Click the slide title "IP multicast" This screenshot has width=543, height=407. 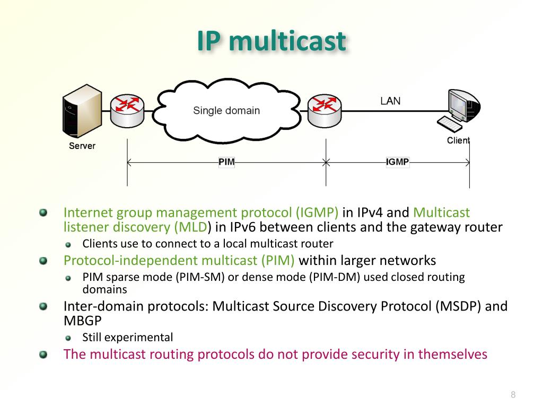[271, 41]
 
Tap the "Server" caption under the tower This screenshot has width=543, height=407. [82, 146]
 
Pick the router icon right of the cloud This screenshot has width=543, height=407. [325, 109]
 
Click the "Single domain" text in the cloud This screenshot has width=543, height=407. [226, 111]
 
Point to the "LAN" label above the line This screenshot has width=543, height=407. [390, 101]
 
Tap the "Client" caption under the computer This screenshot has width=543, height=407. [458, 140]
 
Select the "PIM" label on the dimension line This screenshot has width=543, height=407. [226, 162]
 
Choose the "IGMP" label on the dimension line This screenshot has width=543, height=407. [397, 162]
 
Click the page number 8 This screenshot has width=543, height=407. [513, 394]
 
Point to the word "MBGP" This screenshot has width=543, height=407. [82, 321]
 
